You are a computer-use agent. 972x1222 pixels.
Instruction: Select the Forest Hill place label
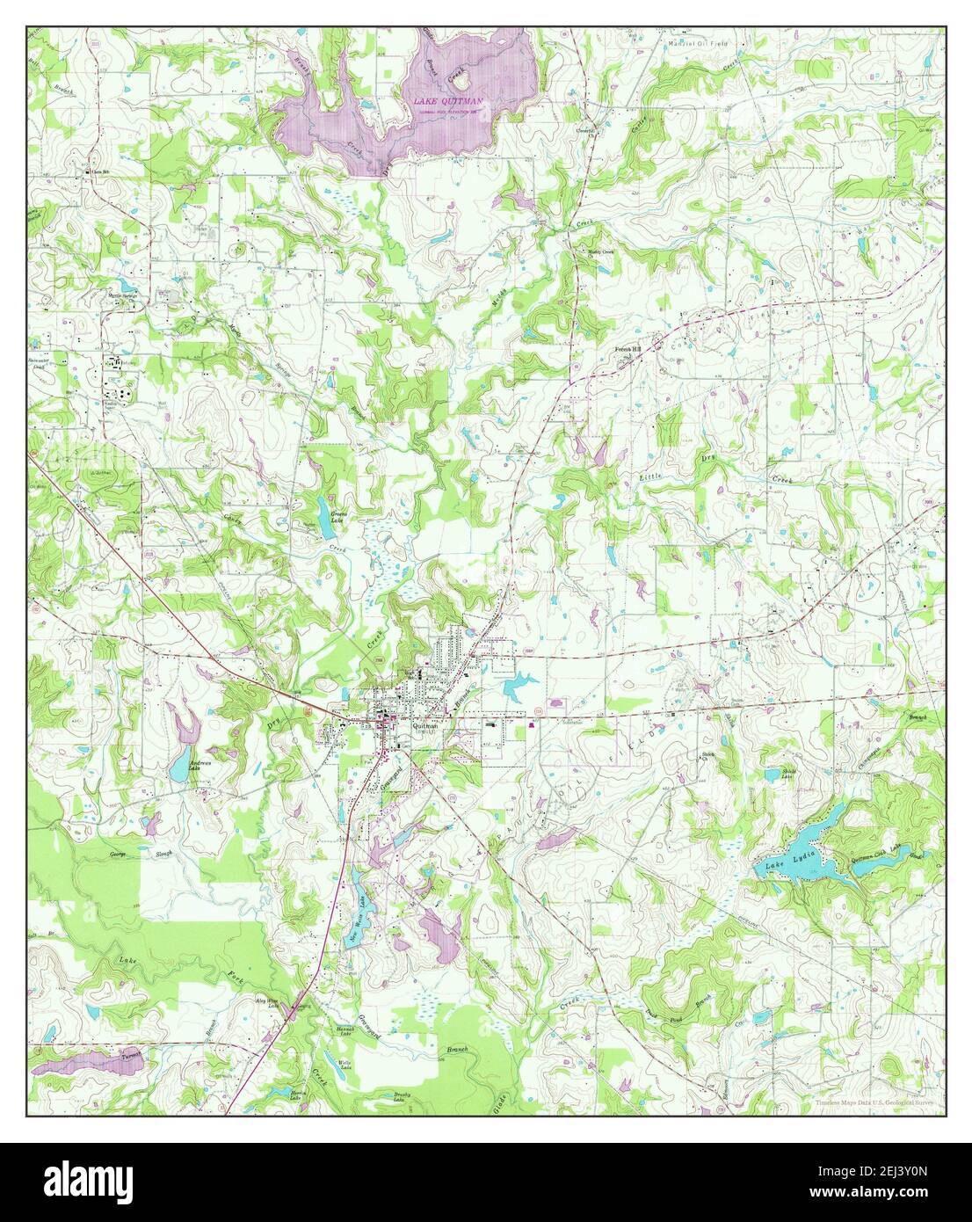click(627, 349)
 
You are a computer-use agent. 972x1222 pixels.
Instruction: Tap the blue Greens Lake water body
click(326, 526)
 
